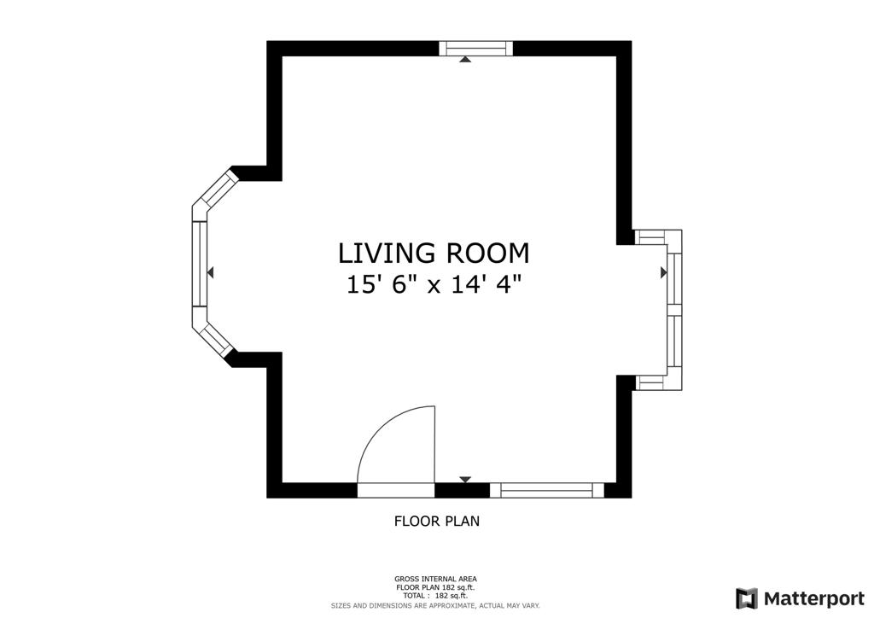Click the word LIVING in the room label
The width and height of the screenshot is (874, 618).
tap(386, 254)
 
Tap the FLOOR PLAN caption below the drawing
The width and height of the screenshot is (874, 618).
tap(436, 521)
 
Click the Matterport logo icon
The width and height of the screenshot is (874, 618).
tap(746, 598)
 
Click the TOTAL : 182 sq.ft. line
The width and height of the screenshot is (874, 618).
tap(435, 595)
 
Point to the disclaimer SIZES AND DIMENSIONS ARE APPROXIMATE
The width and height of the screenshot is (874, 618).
tap(435, 605)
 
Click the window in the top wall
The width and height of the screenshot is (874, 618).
tap(476, 49)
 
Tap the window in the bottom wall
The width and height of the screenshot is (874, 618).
tap(546, 490)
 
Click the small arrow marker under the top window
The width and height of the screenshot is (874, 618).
tap(465, 60)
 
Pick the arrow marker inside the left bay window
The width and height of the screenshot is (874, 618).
tap(210, 272)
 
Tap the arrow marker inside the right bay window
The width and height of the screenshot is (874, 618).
tap(663, 272)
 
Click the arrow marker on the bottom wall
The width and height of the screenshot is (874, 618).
tap(465, 481)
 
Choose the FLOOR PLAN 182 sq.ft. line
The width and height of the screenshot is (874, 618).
tap(435, 587)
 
